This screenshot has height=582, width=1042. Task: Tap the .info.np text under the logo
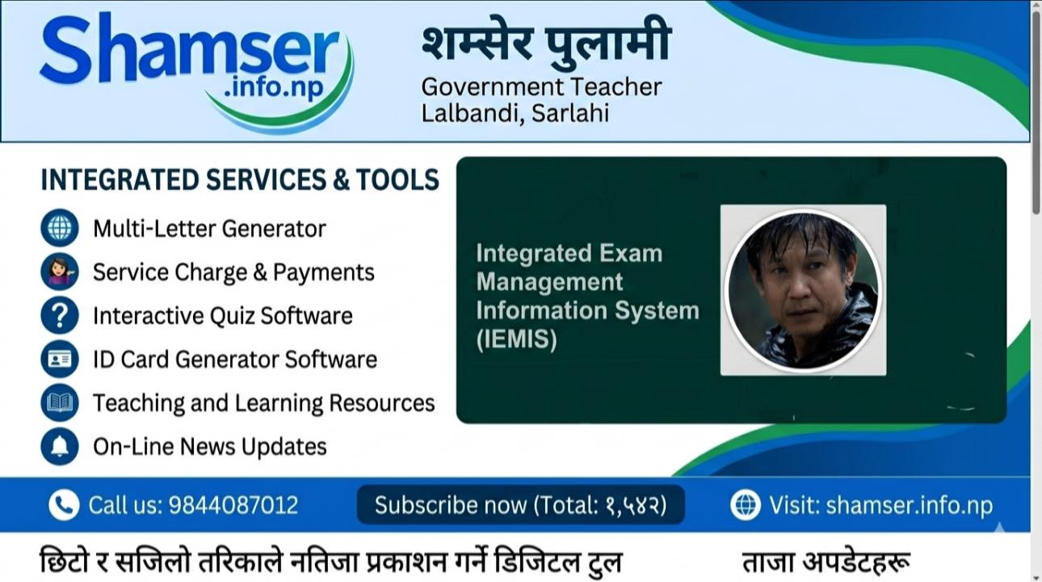pos(274,87)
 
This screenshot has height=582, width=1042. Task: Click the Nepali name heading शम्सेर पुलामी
pos(547,42)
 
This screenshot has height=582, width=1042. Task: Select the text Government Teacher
pos(541,87)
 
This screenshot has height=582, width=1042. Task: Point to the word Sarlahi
pos(569,113)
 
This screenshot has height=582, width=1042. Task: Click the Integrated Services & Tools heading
pos(240,179)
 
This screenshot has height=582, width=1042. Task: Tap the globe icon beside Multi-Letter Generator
pos(60,228)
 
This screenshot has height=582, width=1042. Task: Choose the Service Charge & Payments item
pos(233,272)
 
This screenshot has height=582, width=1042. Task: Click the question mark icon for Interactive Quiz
pos(60,315)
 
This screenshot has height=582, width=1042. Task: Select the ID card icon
pos(60,359)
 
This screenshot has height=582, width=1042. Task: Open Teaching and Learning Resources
pos(264,403)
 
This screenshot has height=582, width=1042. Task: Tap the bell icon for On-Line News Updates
pos(60,446)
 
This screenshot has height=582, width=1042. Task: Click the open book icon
pos(60,403)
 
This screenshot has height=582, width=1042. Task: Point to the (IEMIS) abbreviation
pos(516,339)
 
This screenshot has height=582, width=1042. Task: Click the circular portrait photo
pos(803,289)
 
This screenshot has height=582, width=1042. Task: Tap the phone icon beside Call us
pos(64,504)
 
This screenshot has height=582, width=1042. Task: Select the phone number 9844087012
pos(233,505)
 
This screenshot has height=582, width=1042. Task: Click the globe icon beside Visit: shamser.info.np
pos(746,504)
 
